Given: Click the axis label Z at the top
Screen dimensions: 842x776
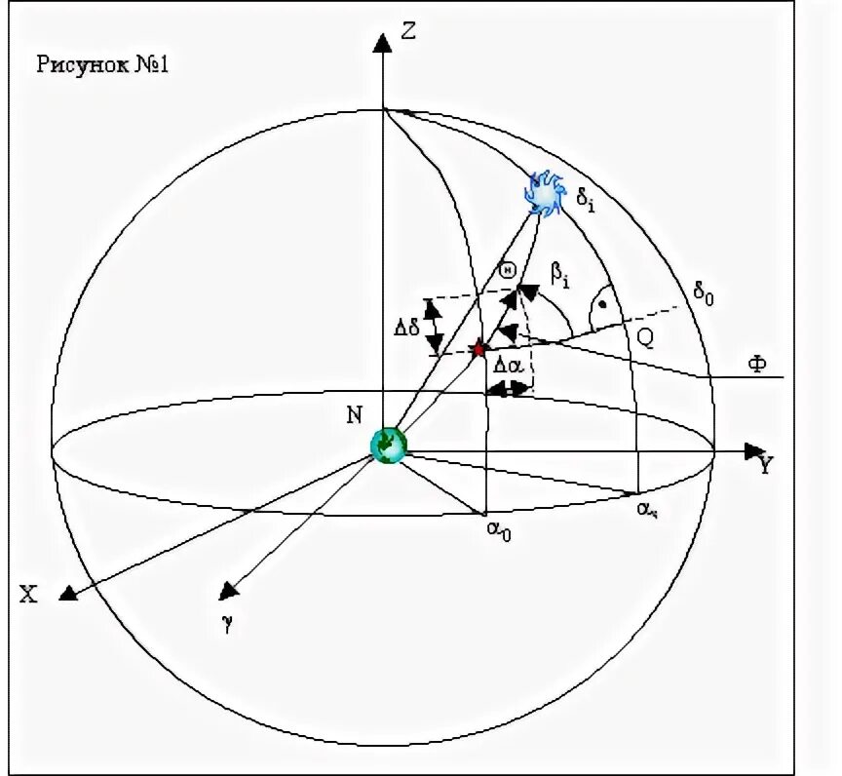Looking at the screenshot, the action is [408, 32].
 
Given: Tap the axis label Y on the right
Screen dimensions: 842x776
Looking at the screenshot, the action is [766, 465].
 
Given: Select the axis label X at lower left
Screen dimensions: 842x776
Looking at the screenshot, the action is [29, 595].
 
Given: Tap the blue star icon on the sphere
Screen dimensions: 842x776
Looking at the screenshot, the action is [544, 193].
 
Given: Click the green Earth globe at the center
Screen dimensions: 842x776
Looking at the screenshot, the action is [388, 445].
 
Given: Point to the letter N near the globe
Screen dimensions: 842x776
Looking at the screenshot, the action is [354, 415].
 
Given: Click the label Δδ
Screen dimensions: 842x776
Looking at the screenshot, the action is [406, 327].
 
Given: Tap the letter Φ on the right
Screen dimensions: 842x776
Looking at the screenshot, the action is [756, 365].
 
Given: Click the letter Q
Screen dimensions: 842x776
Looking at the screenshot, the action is [645, 337].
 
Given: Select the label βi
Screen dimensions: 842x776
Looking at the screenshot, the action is [561, 276].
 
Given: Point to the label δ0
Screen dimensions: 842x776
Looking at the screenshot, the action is [704, 292].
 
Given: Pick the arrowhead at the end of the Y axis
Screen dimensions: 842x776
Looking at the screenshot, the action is [752, 451].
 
